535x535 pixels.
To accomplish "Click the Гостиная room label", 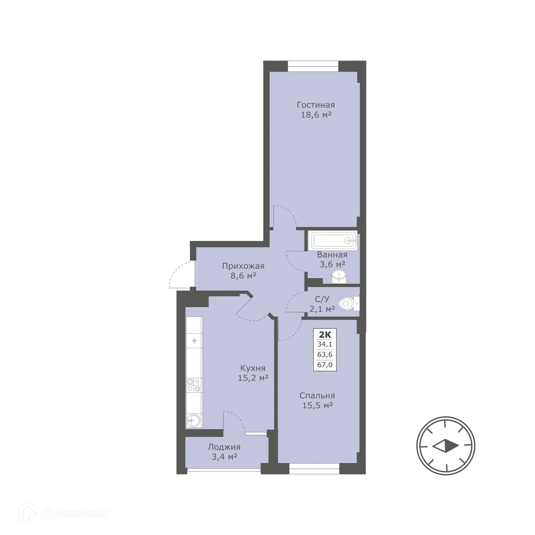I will coord(316,105).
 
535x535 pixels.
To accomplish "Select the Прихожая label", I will coord(243,266).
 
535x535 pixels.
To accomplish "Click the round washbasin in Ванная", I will coord(340,277).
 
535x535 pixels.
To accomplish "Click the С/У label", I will coord(322,299).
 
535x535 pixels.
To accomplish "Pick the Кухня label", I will coord(253,368).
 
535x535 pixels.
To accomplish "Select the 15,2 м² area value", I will coord(253,378).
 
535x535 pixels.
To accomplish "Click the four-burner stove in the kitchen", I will coord(194,385).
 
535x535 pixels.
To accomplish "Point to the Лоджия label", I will coord(224,447).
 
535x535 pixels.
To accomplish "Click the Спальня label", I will coord(317,396).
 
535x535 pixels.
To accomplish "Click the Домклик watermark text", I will coord(74,514).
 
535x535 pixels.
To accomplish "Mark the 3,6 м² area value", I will coord(332,264).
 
